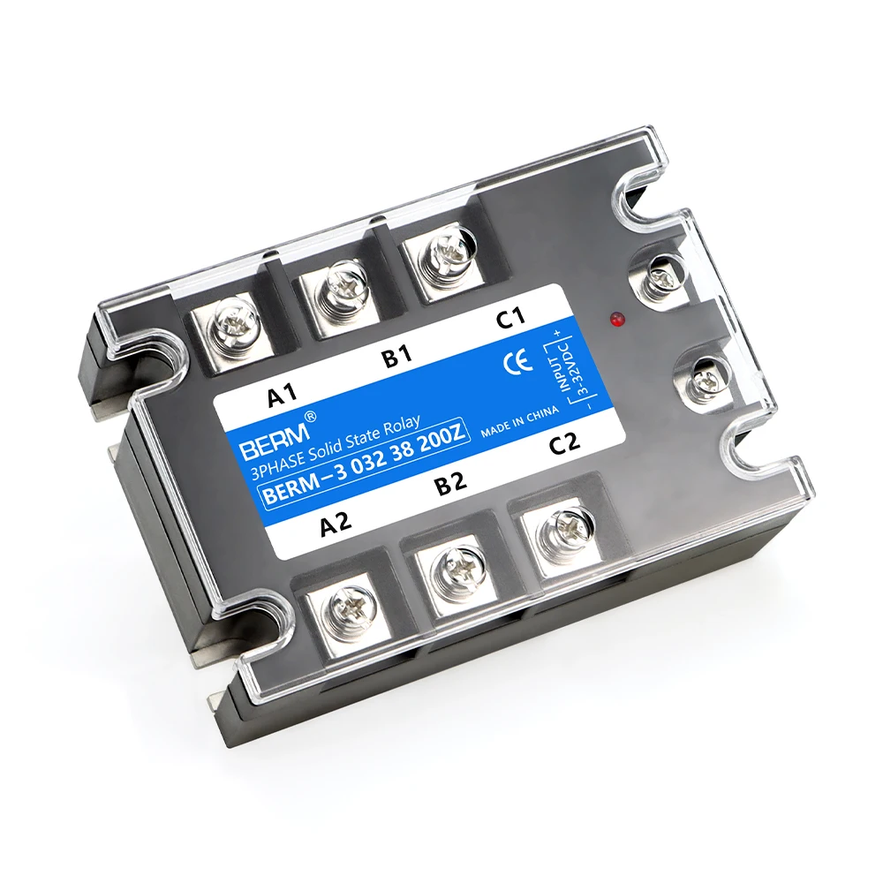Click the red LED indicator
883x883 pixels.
coord(615,320)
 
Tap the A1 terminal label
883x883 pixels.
coord(283,395)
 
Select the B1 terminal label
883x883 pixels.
coord(397,356)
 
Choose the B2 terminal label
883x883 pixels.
coord(451,483)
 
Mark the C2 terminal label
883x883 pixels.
coord(564,442)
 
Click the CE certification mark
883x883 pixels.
coord(517,360)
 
